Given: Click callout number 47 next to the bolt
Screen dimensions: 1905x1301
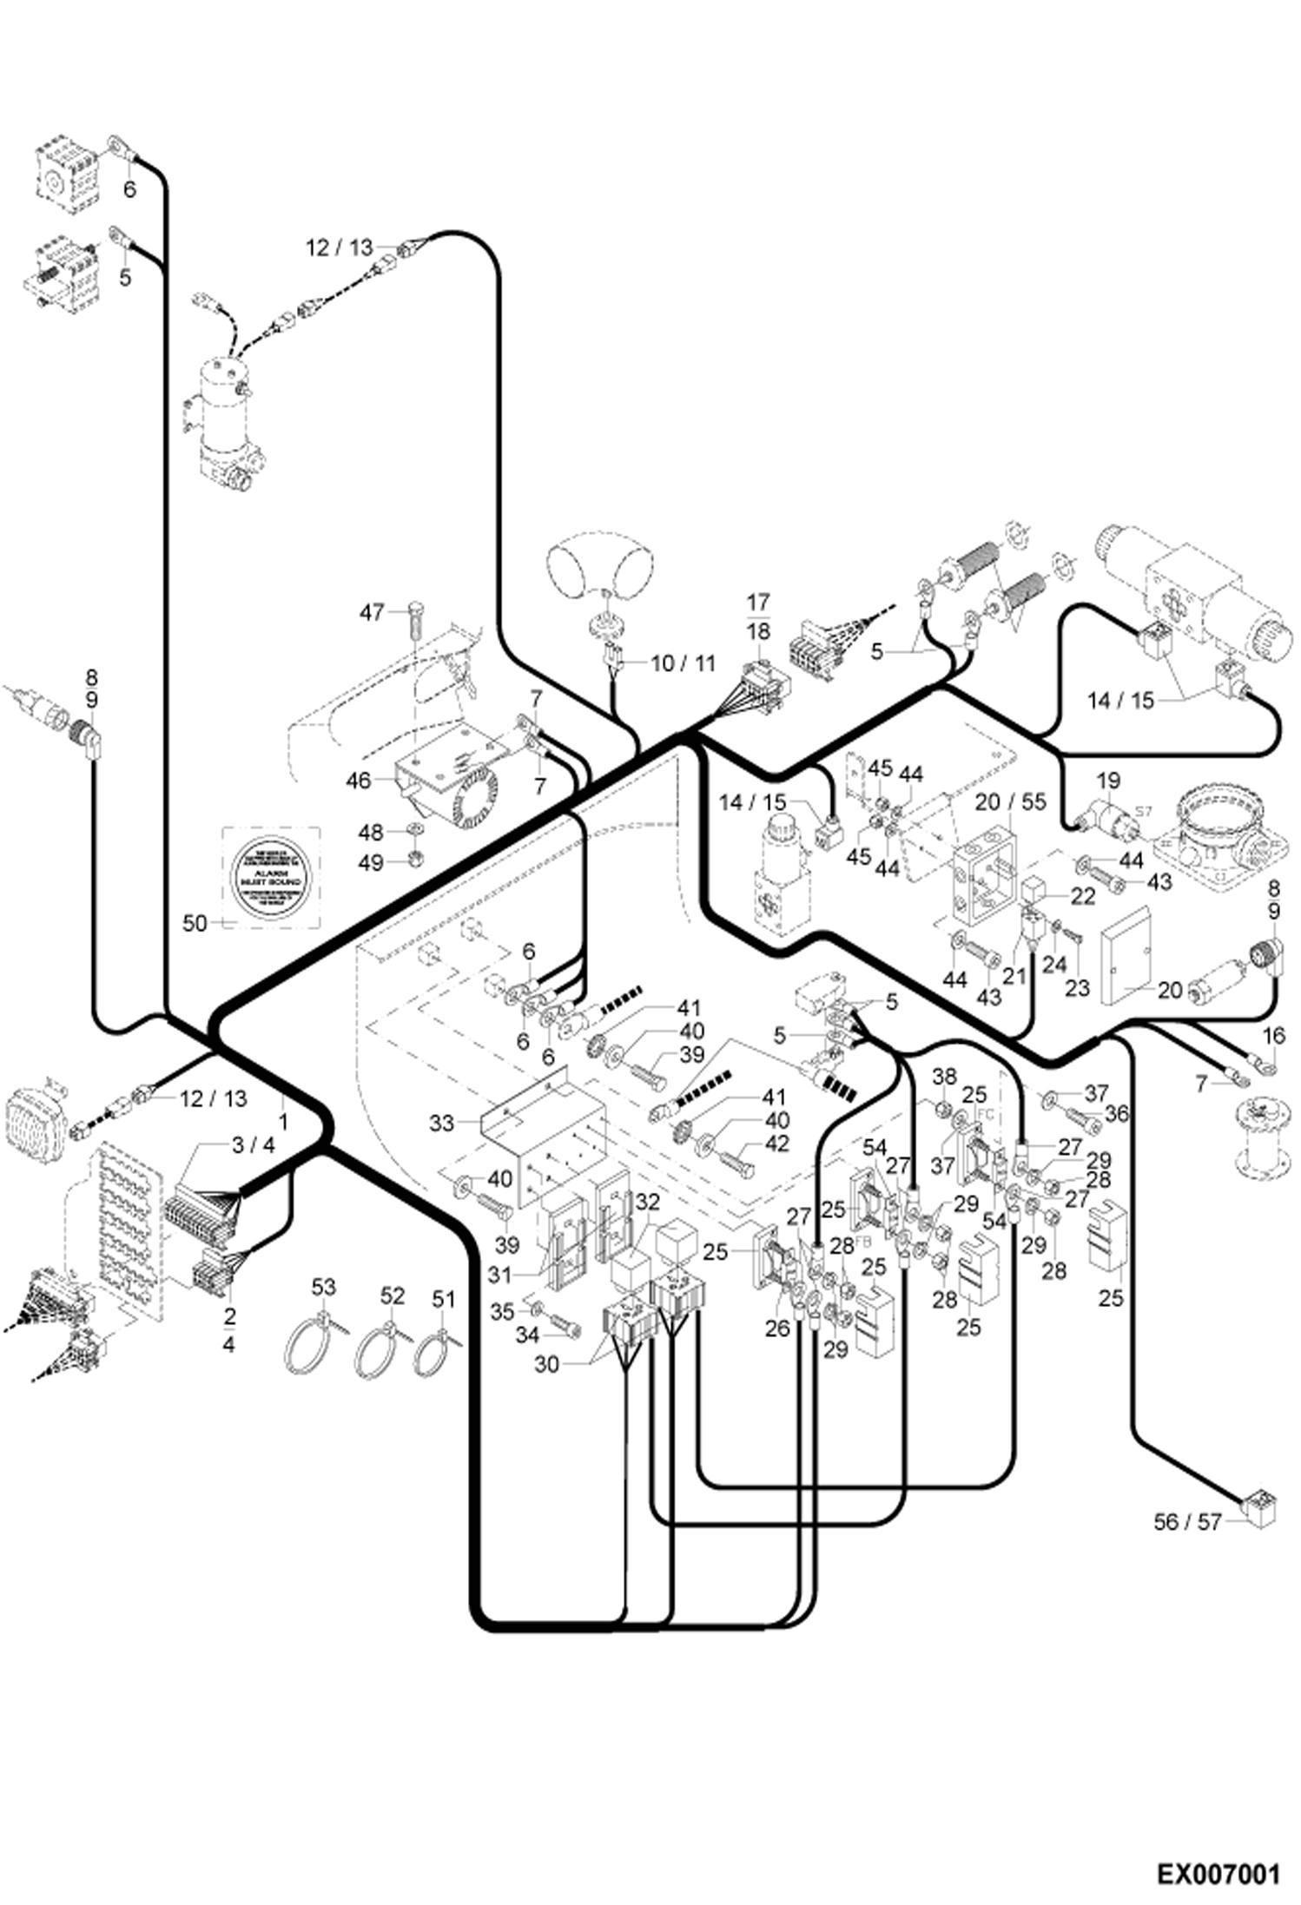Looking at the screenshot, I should click(372, 613).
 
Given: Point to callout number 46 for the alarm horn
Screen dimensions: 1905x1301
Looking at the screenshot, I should click(359, 781).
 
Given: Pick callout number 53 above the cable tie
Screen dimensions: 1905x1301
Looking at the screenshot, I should click(323, 1286).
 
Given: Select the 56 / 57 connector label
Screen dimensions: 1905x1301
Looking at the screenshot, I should click(1187, 1521).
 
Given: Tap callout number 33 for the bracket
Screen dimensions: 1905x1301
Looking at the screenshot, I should click(441, 1123).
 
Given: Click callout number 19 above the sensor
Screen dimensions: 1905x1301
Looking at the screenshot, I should click(1108, 780).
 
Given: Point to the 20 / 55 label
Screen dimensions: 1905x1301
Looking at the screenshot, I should click(1010, 801).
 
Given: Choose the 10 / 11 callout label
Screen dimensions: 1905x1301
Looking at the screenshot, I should click(683, 663).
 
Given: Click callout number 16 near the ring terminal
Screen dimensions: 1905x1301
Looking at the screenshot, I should click(1273, 1035).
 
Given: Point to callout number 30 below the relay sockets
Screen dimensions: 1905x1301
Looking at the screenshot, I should click(546, 1364).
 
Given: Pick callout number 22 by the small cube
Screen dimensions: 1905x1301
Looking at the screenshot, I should click(1082, 895).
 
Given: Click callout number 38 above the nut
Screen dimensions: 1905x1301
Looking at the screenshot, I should click(944, 1077).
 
